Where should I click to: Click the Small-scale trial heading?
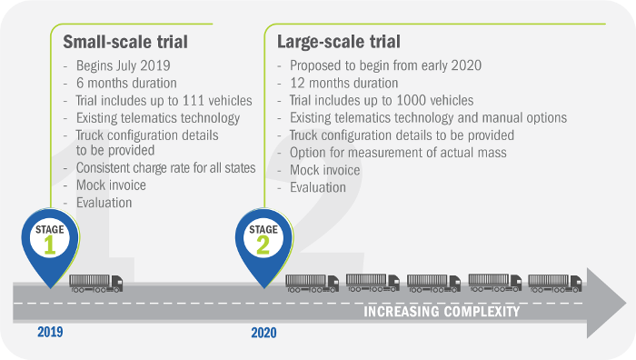coord(124,42)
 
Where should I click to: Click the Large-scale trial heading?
coord(339,42)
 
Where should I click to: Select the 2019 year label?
coord(51,332)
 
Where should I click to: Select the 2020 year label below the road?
coord(263,333)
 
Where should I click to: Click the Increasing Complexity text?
coord(442,312)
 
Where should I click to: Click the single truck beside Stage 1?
coord(95,283)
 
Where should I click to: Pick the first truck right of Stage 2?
coord(312,283)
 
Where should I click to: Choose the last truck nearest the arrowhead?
coord(554,283)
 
